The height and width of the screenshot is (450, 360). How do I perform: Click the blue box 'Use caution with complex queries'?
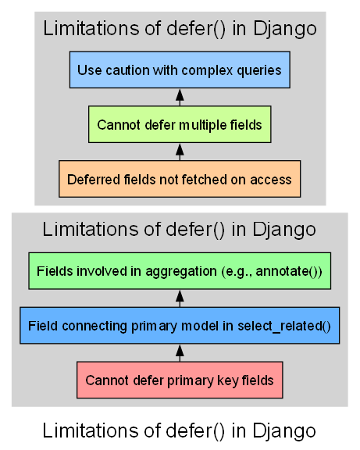point(180,70)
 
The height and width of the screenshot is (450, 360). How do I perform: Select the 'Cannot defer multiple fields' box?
point(180,124)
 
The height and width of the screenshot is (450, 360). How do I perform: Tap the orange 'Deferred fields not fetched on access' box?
point(180,178)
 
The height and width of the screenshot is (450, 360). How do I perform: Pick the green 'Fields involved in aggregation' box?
point(180,272)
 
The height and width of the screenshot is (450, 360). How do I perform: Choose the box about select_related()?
point(180,326)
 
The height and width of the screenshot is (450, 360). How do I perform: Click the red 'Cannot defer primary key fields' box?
point(180,380)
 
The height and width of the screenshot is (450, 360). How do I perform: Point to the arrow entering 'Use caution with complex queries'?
point(180,97)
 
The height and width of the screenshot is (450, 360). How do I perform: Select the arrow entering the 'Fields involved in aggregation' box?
point(180,298)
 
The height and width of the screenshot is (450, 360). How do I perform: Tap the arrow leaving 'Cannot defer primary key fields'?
point(180,353)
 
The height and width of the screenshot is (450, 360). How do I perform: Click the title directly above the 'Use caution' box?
point(180,30)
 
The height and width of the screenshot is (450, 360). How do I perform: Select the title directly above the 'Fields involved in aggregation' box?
point(180,230)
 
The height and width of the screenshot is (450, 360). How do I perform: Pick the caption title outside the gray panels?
point(180,430)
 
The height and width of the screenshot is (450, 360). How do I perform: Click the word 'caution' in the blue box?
point(127,70)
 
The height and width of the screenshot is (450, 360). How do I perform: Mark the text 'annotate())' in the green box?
point(294,272)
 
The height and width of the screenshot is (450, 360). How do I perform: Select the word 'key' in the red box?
point(226,380)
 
